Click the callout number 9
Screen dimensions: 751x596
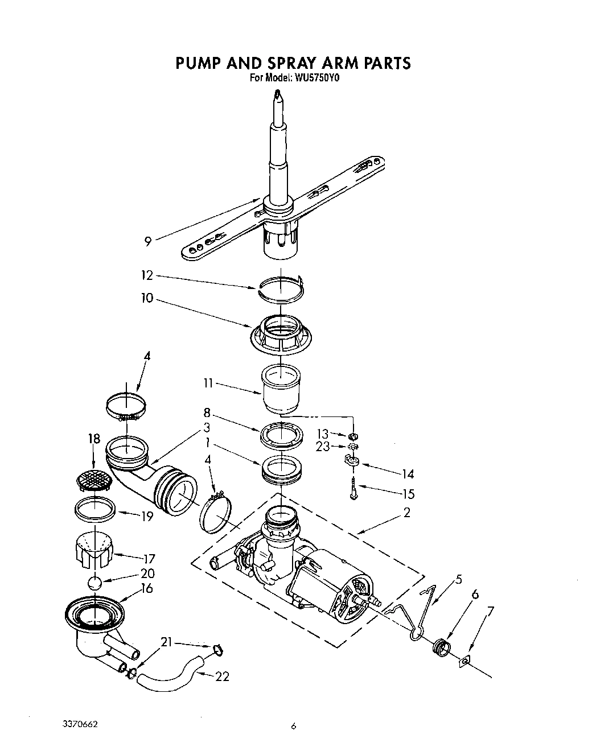[x=148, y=242]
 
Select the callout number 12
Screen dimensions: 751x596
[x=147, y=275]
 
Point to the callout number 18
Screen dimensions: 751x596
[x=94, y=439]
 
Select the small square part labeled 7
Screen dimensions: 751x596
[x=465, y=661]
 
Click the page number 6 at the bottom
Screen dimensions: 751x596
[x=294, y=725]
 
